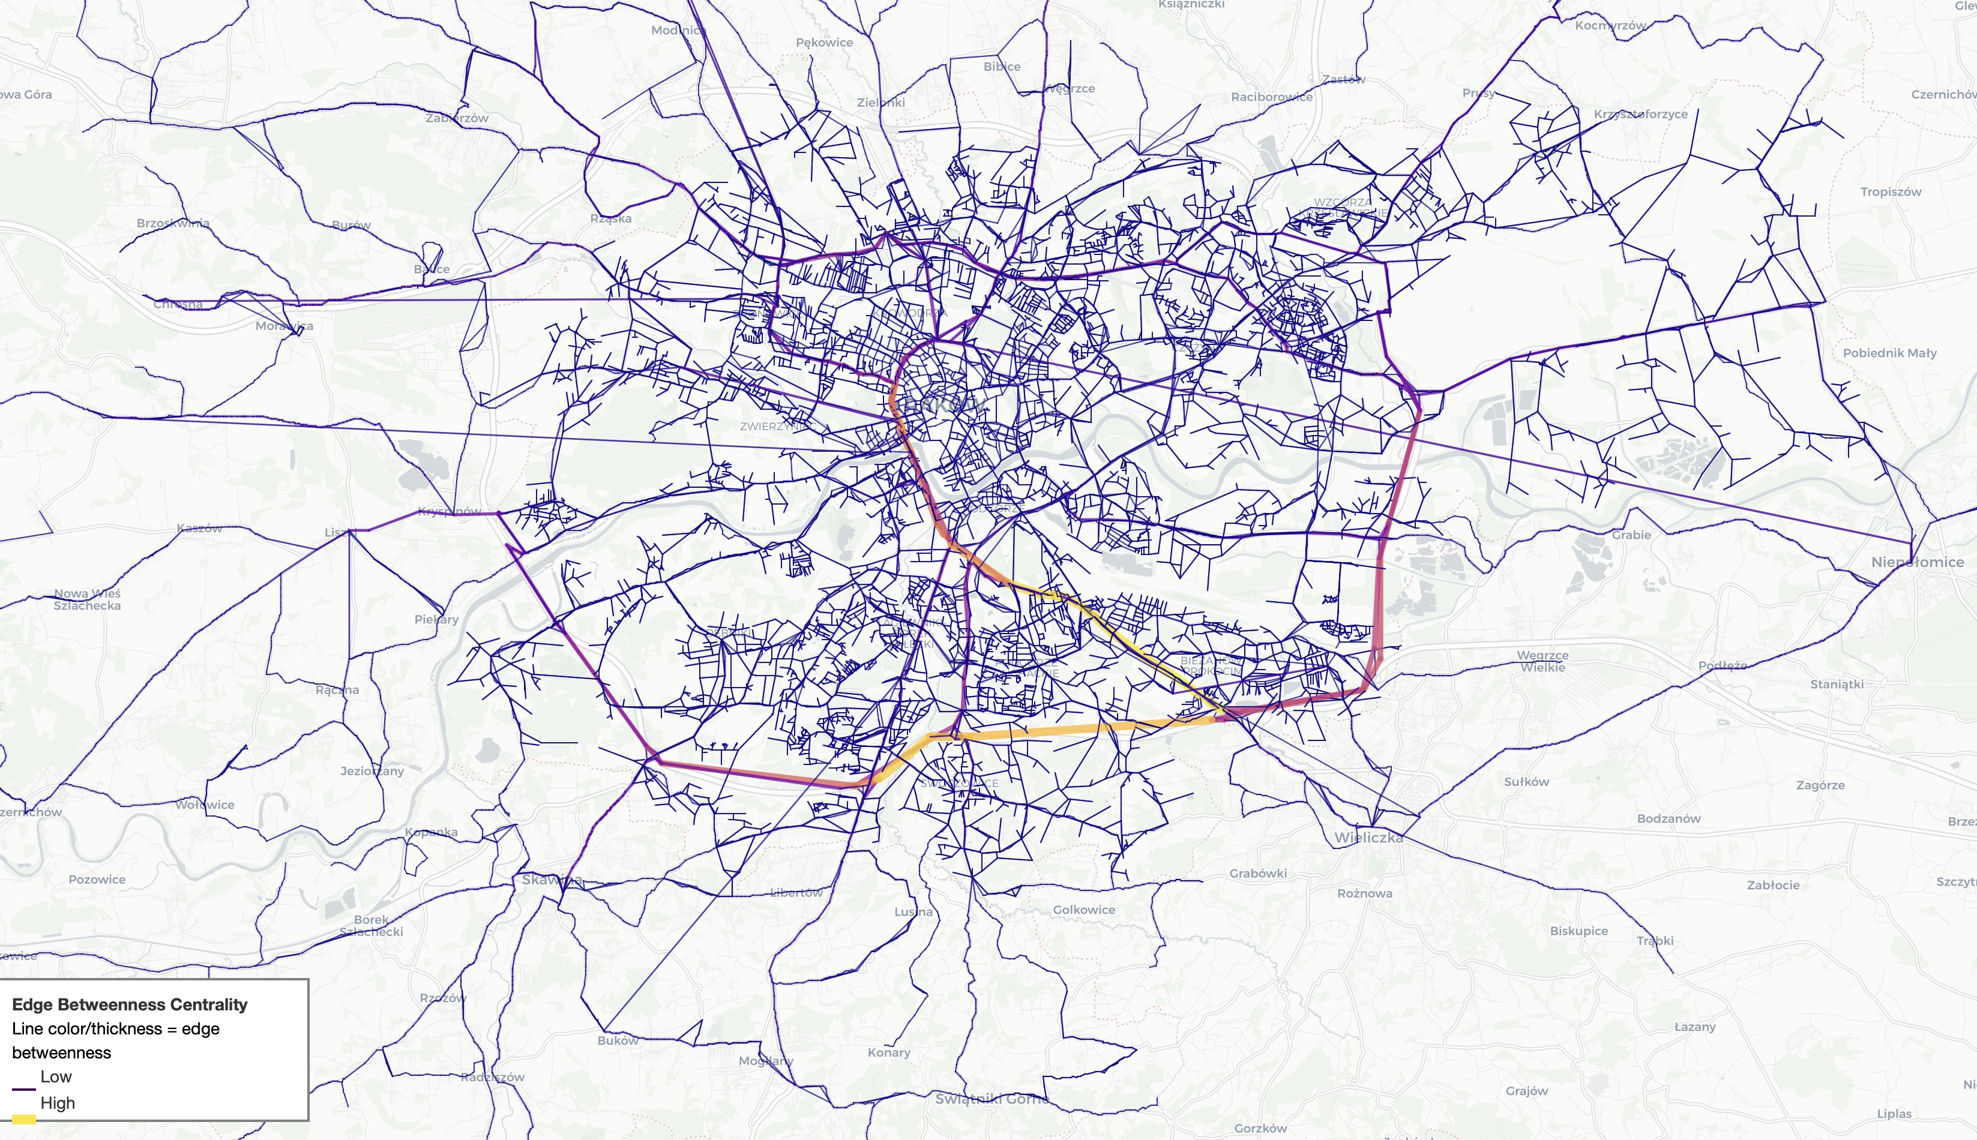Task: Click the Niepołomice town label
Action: pos(1917,562)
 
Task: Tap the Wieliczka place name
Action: pos(1368,837)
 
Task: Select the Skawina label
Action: pos(551,879)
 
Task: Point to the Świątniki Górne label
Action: pos(992,1099)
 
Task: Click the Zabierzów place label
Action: pos(457,118)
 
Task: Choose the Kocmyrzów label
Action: pos(1610,25)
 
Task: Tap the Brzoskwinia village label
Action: pos(172,223)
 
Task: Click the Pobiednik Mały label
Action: pos(1889,353)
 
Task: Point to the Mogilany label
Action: pos(766,1061)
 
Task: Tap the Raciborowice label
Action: pos(1272,97)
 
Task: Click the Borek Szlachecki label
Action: pos(371,925)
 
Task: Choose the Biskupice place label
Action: pos(1578,931)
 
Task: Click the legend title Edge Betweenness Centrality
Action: pos(129,1004)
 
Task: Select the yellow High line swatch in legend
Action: pos(23,1119)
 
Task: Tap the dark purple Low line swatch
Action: pos(23,1089)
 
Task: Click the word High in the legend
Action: pos(57,1103)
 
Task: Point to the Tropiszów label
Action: pos(1891,192)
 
